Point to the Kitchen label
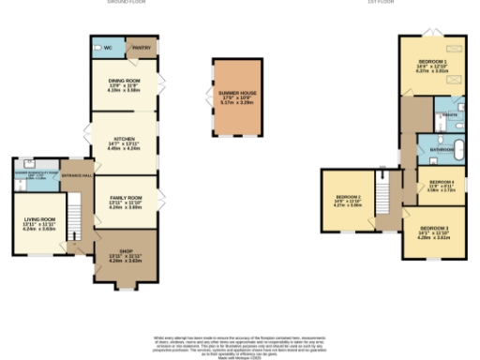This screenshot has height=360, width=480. point(124,143)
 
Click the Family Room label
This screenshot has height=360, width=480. point(124,199)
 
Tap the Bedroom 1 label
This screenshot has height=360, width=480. point(432,63)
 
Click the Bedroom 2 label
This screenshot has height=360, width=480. point(348,200)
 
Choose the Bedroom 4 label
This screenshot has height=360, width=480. point(441,184)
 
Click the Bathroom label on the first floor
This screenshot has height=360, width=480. point(442,149)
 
